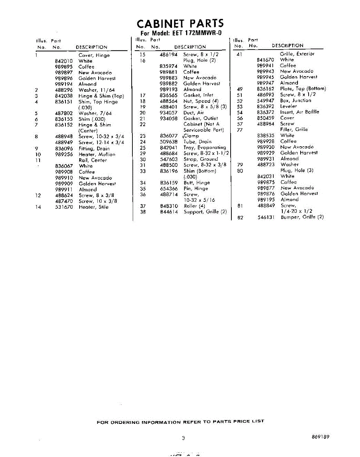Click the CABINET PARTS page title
click(x=180, y=24)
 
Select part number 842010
click(x=64, y=61)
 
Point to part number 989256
click(x=64, y=155)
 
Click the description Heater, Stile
click(x=94, y=207)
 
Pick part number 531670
click(x=64, y=207)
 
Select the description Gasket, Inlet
click(x=198, y=95)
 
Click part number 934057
click(x=169, y=113)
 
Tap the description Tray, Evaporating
click(x=205, y=148)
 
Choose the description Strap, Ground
click(x=201, y=159)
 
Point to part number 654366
click(x=169, y=189)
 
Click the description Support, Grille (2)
click(x=205, y=212)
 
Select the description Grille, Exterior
click(x=297, y=54)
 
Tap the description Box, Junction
click(x=296, y=101)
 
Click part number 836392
click(x=266, y=106)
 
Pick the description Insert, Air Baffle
click(x=299, y=112)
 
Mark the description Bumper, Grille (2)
click(x=302, y=217)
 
